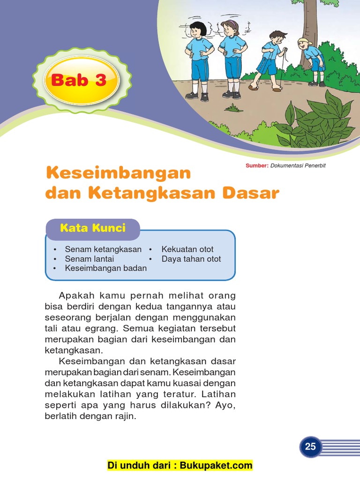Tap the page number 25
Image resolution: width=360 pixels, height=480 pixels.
tap(310, 447)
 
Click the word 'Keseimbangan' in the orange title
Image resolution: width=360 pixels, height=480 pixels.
tap(118, 173)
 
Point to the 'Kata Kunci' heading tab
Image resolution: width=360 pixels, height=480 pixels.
tap(93, 228)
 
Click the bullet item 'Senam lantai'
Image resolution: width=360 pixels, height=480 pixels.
tap(90, 259)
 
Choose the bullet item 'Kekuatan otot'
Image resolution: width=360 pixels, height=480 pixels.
tap(187, 249)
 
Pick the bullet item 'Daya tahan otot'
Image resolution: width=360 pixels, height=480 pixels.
tap(191, 259)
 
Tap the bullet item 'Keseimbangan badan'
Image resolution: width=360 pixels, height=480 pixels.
tap(106, 268)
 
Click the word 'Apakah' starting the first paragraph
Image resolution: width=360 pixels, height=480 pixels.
tap(75, 296)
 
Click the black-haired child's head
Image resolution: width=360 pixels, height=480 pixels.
tap(199, 30)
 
